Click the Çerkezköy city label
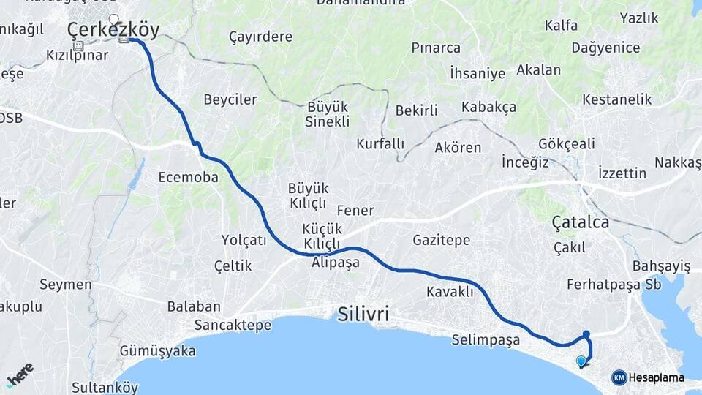pyautogui.click(x=113, y=31)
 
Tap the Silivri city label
pyautogui.click(x=363, y=315)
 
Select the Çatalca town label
pyautogui.click(x=581, y=222)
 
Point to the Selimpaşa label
pyautogui.click(x=486, y=340)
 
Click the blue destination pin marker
pyautogui.click(x=581, y=361)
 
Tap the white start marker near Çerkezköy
pyautogui.click(x=113, y=19)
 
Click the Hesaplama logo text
pyautogui.click(x=656, y=378)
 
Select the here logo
pyautogui.click(x=20, y=375)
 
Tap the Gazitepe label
pyautogui.click(x=441, y=240)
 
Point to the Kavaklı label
pyautogui.click(x=450, y=292)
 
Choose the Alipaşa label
pyautogui.click(x=336, y=262)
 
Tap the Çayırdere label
pyautogui.click(x=260, y=37)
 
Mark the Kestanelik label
pyautogui.click(x=616, y=98)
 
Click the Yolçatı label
pyautogui.click(x=244, y=239)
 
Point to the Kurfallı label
pyautogui.click(x=380, y=144)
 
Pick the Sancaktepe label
pyautogui.click(x=233, y=326)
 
